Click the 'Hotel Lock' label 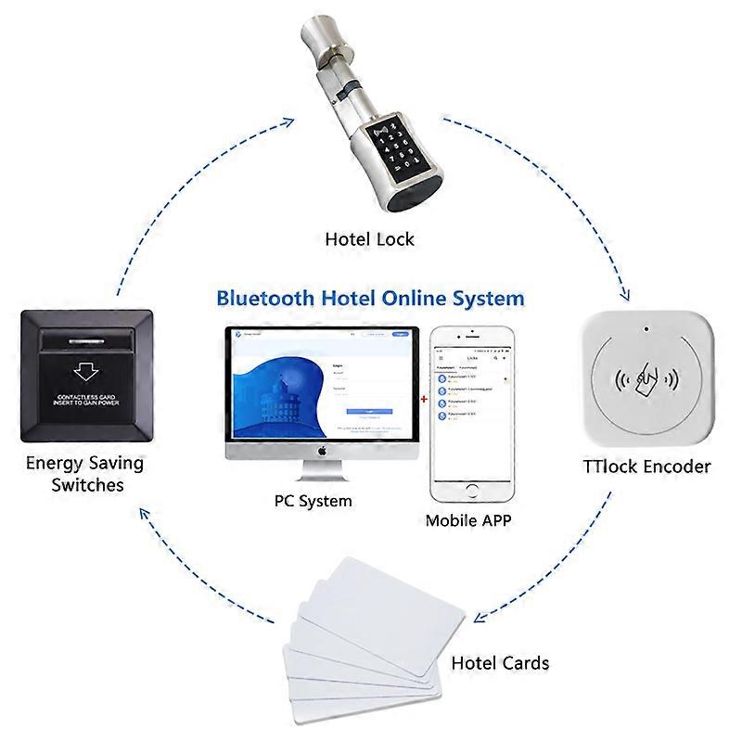[369, 239]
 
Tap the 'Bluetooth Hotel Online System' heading [370, 299]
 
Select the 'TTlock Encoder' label [647, 466]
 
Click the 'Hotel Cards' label [499, 663]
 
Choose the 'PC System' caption [313, 501]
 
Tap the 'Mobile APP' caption [467, 520]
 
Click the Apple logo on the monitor [323, 451]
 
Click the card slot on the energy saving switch [85, 344]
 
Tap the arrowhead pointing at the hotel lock [288, 121]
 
